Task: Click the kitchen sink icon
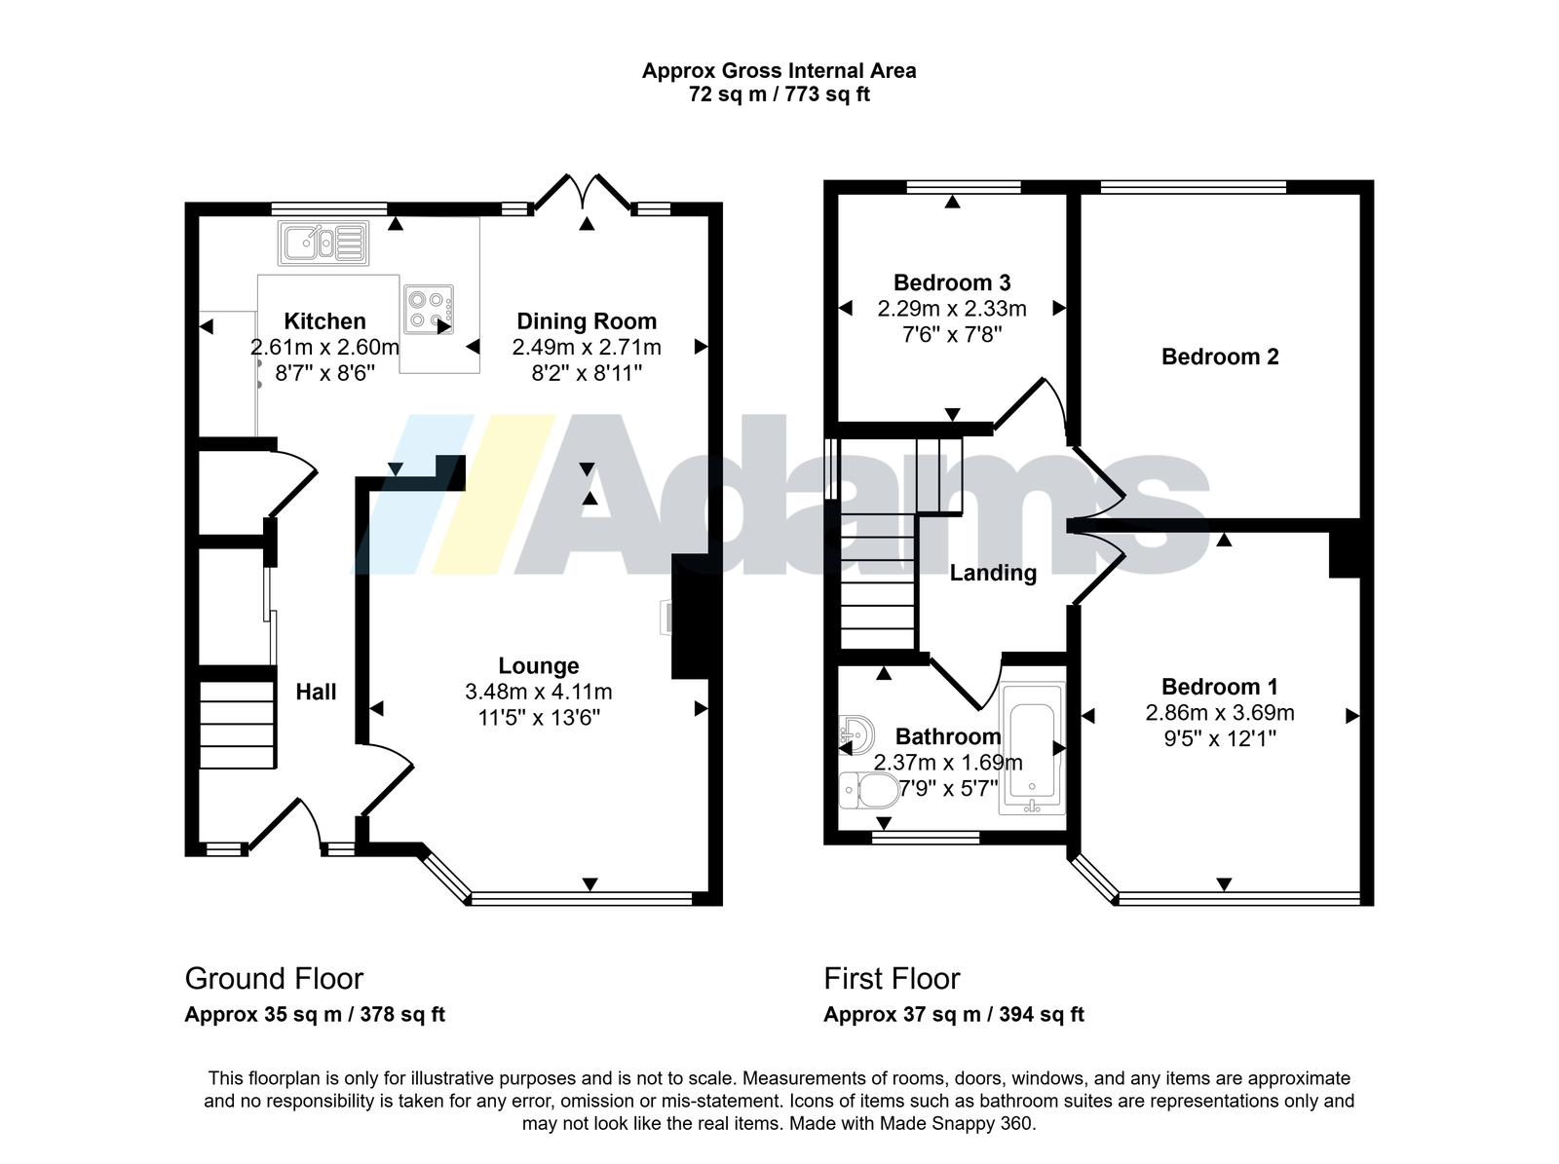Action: (323, 243)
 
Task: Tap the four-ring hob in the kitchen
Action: (429, 309)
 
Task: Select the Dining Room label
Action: (587, 321)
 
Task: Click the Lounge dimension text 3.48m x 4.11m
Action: (539, 692)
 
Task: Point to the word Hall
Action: (316, 692)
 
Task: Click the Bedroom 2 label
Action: (1220, 357)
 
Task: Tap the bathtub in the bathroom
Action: (1032, 748)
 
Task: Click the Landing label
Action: (993, 573)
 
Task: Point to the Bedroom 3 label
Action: (952, 282)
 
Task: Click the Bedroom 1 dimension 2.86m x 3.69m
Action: (1220, 713)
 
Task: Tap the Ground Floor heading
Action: (274, 979)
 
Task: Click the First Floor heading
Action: (893, 979)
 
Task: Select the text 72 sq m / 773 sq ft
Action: (779, 94)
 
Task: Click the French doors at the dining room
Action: (583, 192)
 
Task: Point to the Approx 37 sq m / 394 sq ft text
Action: (954, 1015)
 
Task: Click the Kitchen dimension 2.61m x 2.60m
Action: (324, 347)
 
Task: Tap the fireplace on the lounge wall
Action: (691, 617)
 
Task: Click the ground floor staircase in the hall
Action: (237, 725)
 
